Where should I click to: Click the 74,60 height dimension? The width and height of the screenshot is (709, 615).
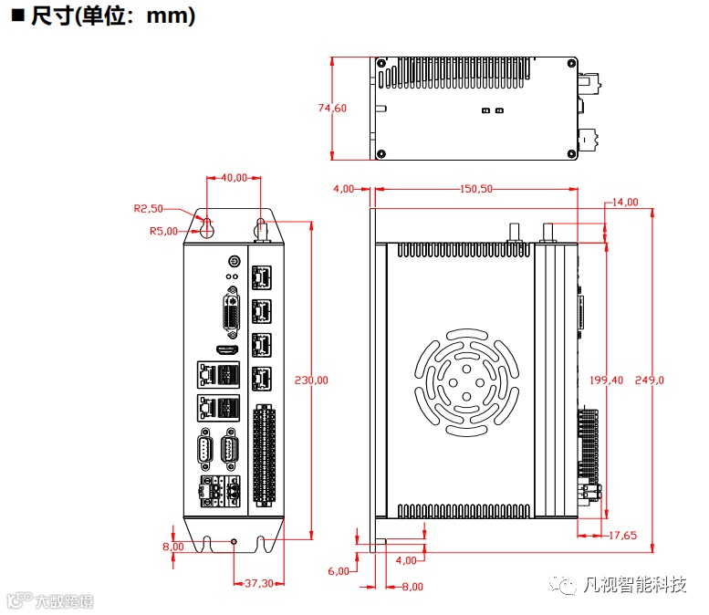click(332, 108)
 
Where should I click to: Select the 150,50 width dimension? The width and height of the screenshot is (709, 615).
click(474, 189)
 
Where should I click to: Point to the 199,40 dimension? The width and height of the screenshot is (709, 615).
click(606, 380)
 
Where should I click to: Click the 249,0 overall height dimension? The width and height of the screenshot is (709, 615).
click(650, 380)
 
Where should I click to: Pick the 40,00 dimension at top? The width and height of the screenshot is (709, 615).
click(235, 177)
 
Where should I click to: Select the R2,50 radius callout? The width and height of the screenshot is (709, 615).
click(148, 208)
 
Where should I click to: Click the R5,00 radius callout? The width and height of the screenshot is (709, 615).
click(163, 231)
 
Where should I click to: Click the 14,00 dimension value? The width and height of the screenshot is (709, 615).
click(625, 202)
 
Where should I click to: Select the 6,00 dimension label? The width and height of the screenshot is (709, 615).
click(339, 571)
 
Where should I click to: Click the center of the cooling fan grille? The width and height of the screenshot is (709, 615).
click(465, 379)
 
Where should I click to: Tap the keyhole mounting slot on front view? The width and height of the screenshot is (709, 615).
click(207, 227)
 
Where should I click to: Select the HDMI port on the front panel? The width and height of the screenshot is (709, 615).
click(226, 349)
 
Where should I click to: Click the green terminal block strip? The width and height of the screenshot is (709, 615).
click(264, 453)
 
